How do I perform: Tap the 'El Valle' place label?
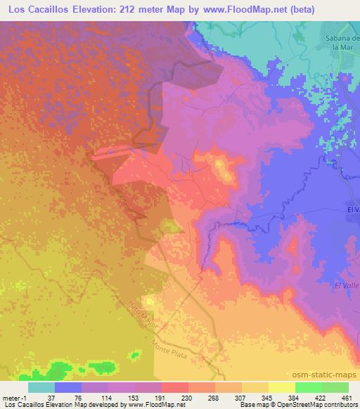click(x=347, y=285)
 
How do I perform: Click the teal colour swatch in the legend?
click(x=41, y=387)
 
